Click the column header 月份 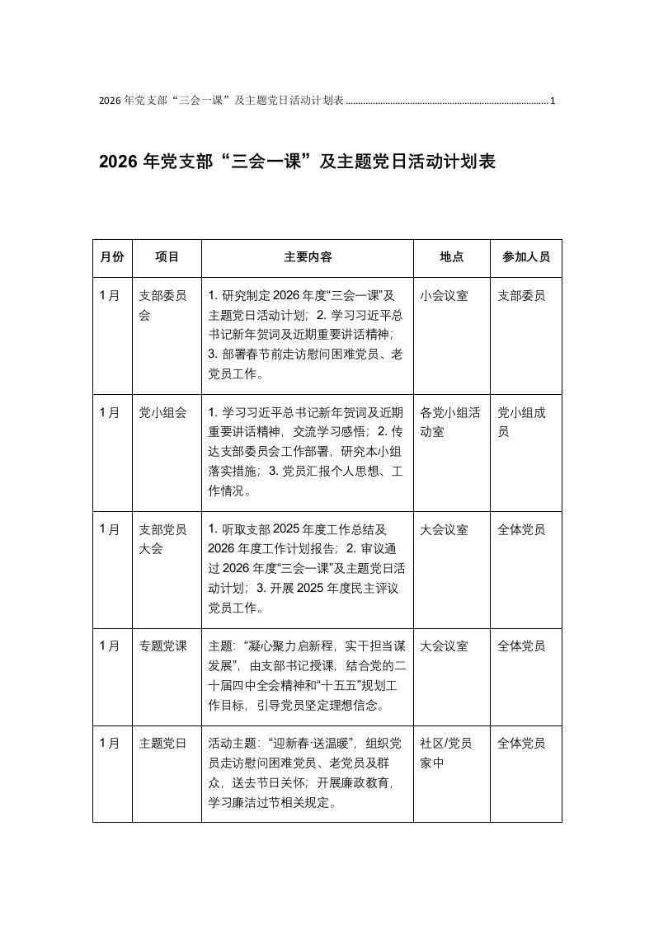pos(112,257)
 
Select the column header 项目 pos(167,257)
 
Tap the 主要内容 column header pos(308,257)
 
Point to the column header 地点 pos(451,257)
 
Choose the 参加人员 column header pos(526,257)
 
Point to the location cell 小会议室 pos(444,295)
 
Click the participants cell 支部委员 pos(521,295)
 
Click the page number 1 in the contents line pos(553,101)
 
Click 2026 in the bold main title pos(119,162)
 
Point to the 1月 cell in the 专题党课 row pos(109,646)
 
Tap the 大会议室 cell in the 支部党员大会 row pos(444,529)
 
